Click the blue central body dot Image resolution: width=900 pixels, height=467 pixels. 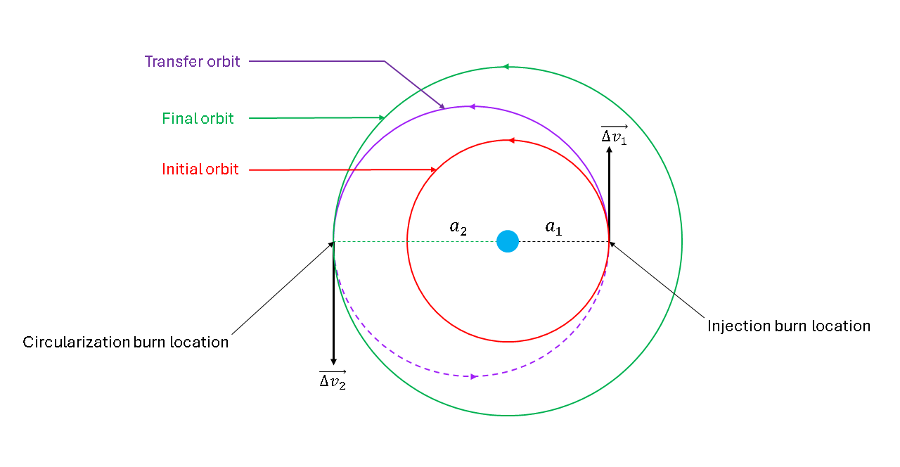(x=508, y=241)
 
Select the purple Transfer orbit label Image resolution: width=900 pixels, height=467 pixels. (x=192, y=62)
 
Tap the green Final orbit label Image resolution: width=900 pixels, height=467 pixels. (x=198, y=119)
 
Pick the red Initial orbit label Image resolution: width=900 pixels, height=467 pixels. (x=200, y=169)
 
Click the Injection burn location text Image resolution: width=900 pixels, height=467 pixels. (x=788, y=326)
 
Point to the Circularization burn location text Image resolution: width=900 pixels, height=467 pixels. (x=126, y=343)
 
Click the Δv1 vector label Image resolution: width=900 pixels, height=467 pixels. (x=614, y=134)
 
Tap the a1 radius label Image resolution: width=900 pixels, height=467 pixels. (x=554, y=227)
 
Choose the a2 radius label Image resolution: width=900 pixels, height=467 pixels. (x=458, y=227)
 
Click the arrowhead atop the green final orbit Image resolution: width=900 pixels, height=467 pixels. (x=504, y=67)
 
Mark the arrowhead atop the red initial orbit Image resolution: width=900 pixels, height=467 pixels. (x=512, y=141)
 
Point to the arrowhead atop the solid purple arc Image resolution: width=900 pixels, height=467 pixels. (x=472, y=107)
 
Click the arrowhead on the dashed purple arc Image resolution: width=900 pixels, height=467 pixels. (x=475, y=376)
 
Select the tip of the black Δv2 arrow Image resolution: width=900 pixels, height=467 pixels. (x=333, y=363)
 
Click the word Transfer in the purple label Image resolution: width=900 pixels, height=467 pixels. (x=166, y=62)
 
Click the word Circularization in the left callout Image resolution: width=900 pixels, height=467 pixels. (x=76, y=343)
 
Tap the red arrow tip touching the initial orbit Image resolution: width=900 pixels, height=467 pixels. (x=435, y=169)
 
